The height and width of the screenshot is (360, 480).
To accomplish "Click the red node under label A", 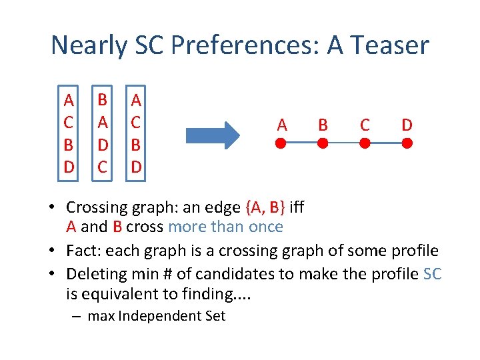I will (x=281, y=143).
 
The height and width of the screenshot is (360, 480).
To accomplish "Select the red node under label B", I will (x=323, y=143).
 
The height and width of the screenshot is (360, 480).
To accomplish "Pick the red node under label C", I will (x=365, y=143).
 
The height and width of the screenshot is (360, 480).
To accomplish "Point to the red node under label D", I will (x=407, y=143).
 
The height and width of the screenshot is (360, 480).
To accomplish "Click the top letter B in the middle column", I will (x=102, y=100).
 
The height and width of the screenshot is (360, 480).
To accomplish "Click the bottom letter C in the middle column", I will (x=102, y=167).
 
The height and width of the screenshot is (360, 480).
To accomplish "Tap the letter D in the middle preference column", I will (x=102, y=145).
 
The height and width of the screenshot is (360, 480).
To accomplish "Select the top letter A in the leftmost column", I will (x=68, y=100).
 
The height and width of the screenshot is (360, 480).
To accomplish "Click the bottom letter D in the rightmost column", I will (x=136, y=167).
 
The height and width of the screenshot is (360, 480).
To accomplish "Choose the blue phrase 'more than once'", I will (x=225, y=227).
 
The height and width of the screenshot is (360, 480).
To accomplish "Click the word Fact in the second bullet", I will (x=82, y=251).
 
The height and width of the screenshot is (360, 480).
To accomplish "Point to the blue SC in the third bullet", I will (x=432, y=274).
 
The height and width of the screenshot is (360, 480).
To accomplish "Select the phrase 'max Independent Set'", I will (x=157, y=316).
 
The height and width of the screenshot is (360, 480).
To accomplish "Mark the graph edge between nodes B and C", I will (x=343, y=143).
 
